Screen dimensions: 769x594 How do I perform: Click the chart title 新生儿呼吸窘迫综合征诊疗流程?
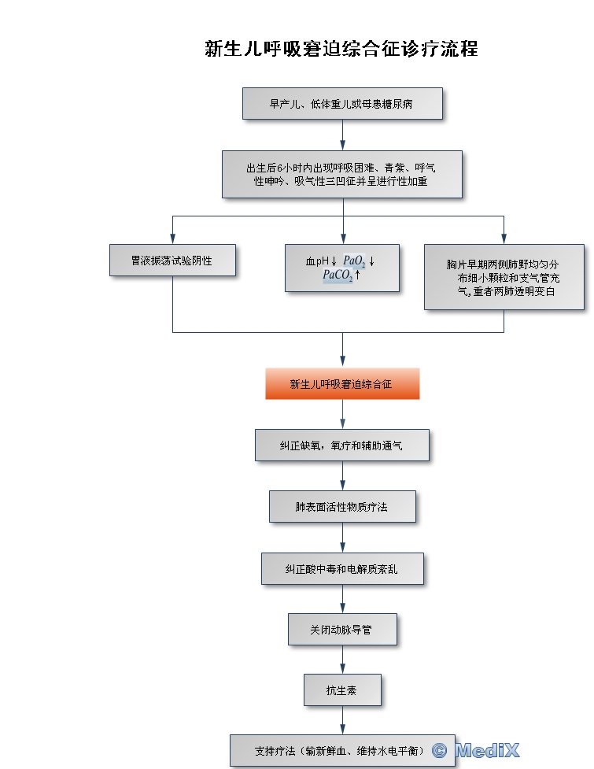341,49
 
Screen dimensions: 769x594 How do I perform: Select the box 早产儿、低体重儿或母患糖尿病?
341,103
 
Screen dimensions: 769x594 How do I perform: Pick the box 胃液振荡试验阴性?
172,260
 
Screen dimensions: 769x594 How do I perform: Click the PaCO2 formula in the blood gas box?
338,275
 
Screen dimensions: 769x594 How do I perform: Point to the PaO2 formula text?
354,261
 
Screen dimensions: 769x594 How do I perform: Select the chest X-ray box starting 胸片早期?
504,277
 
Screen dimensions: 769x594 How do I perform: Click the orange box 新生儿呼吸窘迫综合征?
341,384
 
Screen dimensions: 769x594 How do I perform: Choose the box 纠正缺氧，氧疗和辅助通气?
341,445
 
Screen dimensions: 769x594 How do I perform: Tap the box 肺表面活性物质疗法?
341,507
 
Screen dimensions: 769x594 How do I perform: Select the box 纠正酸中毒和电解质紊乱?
341,568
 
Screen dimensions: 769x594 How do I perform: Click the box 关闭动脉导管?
341,630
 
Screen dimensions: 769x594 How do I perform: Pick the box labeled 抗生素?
341,690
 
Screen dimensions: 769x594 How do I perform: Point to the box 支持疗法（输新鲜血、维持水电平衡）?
341,751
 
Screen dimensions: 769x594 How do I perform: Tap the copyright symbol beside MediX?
440,751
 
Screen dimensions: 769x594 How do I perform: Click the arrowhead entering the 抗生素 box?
342,669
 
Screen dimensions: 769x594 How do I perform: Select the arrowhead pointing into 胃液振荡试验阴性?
172,238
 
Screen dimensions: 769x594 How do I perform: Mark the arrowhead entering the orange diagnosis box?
342,363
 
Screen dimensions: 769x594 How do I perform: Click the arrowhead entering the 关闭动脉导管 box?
342,608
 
